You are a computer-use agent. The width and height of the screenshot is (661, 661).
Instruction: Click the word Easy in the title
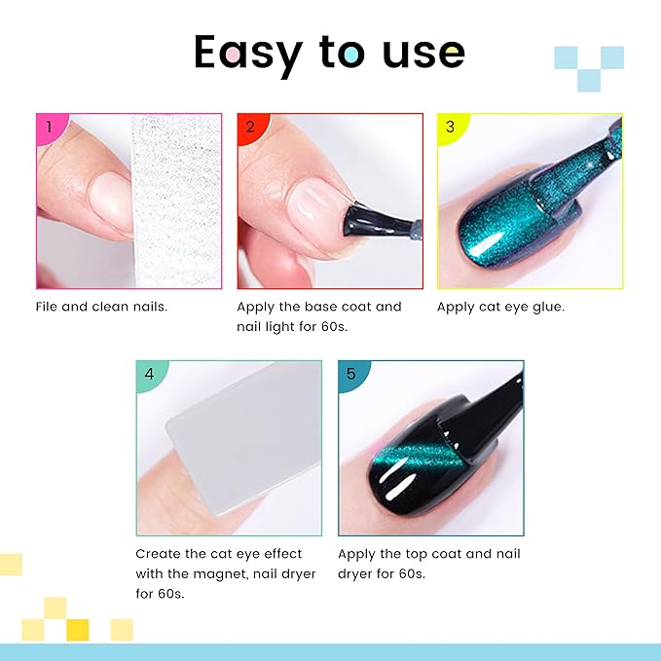[247, 54]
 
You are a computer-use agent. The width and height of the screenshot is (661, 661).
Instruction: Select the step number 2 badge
[249, 127]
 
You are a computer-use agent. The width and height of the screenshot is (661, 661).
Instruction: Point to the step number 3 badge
[449, 127]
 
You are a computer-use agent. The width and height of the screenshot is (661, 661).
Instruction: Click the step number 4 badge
[149, 373]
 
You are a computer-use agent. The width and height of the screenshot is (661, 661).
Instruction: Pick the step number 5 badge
[350, 373]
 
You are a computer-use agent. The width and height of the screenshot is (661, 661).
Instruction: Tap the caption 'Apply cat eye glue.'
[500, 306]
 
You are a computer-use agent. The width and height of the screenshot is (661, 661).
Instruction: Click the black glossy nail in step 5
[419, 462]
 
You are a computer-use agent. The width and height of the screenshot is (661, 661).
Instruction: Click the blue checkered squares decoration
[588, 67]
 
